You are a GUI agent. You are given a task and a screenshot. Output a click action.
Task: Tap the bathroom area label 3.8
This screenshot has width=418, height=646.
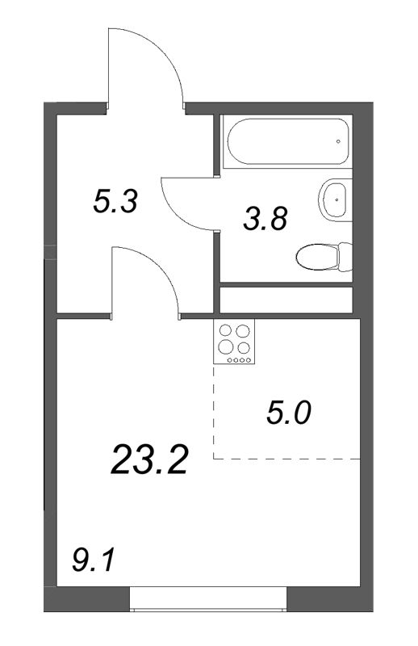(x=265, y=218)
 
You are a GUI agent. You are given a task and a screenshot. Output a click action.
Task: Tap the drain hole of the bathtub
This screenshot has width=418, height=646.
(x=337, y=141)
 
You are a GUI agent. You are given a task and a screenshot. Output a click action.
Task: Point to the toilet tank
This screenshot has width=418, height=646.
(x=345, y=257)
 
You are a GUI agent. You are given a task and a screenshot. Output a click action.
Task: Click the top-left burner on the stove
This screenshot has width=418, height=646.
(x=225, y=331)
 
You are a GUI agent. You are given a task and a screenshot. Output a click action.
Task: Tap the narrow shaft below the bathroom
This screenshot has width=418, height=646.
(x=286, y=298)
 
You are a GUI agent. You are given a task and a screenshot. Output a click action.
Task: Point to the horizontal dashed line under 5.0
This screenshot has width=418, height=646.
(x=286, y=459)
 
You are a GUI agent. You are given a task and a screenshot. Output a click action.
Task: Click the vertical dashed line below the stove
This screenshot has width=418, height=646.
(x=214, y=412)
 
